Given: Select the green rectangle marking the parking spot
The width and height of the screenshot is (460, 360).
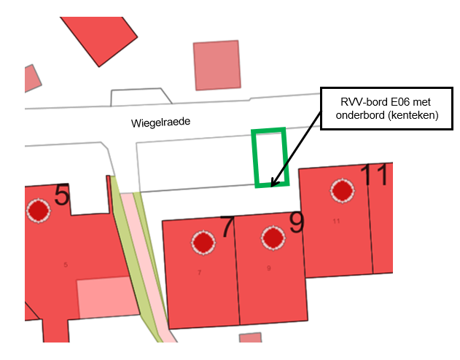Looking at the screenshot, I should tap(270, 157).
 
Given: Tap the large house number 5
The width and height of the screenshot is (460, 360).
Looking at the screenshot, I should tap(63, 195).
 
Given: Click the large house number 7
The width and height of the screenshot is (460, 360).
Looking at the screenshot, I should tap(227, 227).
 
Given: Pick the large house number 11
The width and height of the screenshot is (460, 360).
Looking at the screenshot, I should tap(375, 176).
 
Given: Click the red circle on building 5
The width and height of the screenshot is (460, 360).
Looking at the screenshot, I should tap(38, 211).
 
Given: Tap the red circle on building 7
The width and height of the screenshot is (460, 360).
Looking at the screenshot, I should tap(202, 242).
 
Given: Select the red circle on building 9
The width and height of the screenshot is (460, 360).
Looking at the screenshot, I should tap(273, 238).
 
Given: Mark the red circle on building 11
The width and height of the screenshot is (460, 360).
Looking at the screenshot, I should tap(342, 191).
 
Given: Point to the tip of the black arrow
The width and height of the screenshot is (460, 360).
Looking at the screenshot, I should tap(271, 187).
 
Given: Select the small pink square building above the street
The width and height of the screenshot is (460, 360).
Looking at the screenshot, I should tap(217, 65).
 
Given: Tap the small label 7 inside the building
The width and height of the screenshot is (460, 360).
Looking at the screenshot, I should tap(199, 273).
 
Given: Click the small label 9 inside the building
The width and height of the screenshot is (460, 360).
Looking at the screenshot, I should tap(268, 268).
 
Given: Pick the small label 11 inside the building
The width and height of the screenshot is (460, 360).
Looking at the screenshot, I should tap(336, 220).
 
